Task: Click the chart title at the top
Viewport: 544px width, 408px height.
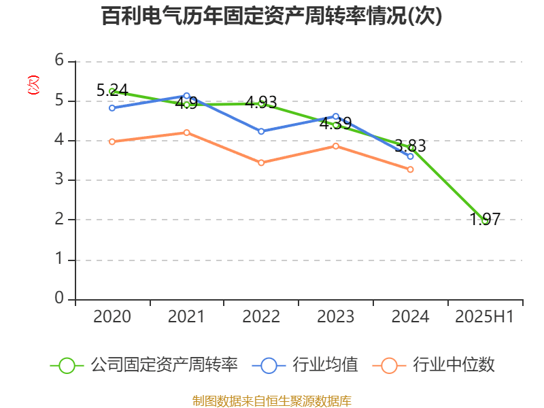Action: point(272,16)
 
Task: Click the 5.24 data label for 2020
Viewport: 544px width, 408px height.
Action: point(112,90)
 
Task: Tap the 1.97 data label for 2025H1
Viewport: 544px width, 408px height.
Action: point(486,219)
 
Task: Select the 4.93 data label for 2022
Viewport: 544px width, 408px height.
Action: point(261,103)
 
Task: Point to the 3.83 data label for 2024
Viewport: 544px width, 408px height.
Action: point(410,146)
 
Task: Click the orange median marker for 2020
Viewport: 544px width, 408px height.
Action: point(112,141)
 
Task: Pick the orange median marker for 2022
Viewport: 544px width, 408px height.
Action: point(261,163)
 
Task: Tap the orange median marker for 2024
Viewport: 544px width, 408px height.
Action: point(410,169)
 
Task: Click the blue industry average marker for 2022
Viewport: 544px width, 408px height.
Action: point(261,131)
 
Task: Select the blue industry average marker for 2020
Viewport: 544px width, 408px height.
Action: point(112,107)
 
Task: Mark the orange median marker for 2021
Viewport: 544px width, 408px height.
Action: point(186,133)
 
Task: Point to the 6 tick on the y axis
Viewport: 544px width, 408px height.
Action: point(60,61)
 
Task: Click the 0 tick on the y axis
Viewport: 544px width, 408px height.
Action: point(60,299)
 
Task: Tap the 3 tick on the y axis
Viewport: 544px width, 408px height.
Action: point(60,180)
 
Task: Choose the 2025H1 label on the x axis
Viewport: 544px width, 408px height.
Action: point(484,317)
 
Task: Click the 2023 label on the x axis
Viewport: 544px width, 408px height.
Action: point(336,317)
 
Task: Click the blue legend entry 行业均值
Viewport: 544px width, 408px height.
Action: point(305,365)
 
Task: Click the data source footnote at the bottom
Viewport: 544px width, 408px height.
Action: point(272,401)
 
